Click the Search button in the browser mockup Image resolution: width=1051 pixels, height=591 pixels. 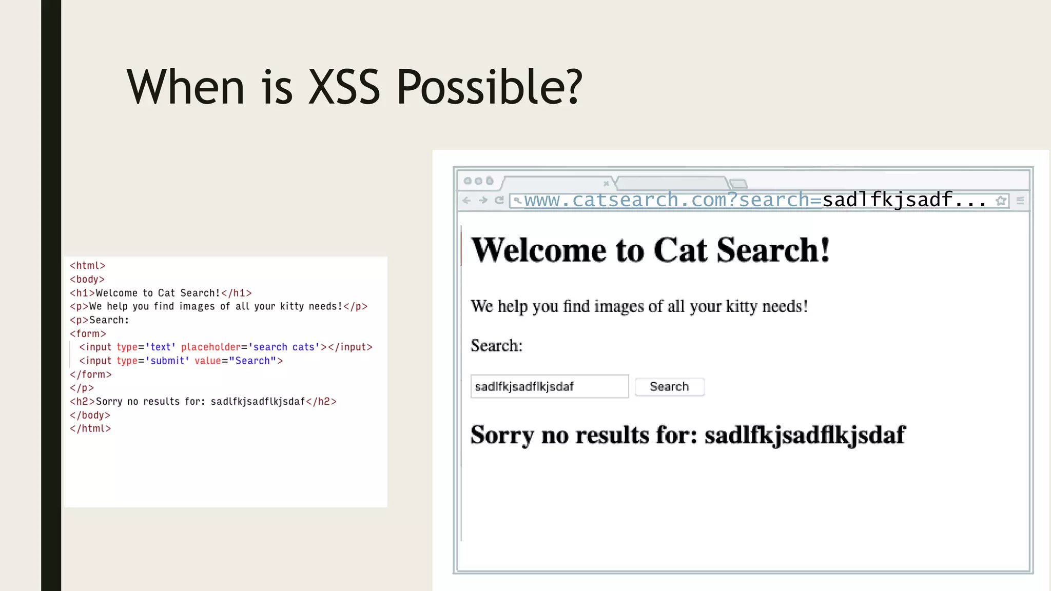669,387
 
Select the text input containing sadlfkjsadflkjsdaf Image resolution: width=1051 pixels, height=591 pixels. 549,387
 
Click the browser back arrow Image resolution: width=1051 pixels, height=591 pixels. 466,201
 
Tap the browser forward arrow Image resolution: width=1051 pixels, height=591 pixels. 483,201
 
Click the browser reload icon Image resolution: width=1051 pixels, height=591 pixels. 499,201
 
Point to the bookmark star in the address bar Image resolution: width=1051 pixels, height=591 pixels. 1001,201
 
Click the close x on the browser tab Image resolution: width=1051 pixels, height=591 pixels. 606,183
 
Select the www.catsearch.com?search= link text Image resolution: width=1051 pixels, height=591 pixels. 672,200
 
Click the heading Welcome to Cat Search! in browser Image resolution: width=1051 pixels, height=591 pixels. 650,250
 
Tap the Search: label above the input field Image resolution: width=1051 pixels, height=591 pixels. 496,346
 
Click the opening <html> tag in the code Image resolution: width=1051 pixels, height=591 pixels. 87,266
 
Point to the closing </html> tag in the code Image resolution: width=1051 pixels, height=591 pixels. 90,429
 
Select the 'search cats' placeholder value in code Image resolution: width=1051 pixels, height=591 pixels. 284,347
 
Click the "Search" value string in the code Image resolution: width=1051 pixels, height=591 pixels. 252,361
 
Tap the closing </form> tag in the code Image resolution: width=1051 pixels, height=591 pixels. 90,375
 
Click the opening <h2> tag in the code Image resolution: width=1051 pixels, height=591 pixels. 82,402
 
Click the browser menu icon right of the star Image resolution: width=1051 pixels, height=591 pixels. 1020,201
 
